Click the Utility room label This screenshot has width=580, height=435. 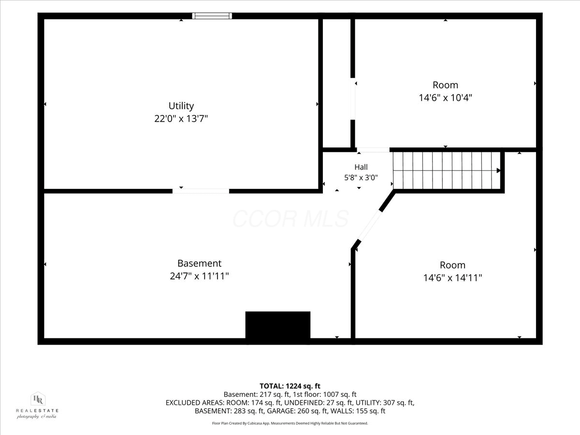[x=181, y=106]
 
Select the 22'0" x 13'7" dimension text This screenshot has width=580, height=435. [x=181, y=119]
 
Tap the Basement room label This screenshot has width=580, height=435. [x=199, y=263]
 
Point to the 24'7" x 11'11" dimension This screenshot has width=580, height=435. [x=199, y=276]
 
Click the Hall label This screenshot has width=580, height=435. [x=361, y=167]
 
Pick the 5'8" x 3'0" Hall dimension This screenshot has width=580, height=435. [x=361, y=177]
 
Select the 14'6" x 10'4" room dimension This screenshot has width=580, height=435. [x=445, y=98]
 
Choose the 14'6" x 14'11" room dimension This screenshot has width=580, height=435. [x=452, y=278]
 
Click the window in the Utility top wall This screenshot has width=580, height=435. [x=212, y=16]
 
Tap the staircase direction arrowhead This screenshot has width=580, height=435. [x=498, y=171]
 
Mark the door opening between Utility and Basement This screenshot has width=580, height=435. [x=201, y=191]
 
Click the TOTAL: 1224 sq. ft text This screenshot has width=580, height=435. [x=290, y=386]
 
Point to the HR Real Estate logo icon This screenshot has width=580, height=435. [x=38, y=399]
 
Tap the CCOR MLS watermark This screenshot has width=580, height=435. [x=290, y=218]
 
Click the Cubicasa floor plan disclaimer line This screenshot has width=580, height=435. [x=290, y=423]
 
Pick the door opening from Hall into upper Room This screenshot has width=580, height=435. [x=373, y=150]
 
